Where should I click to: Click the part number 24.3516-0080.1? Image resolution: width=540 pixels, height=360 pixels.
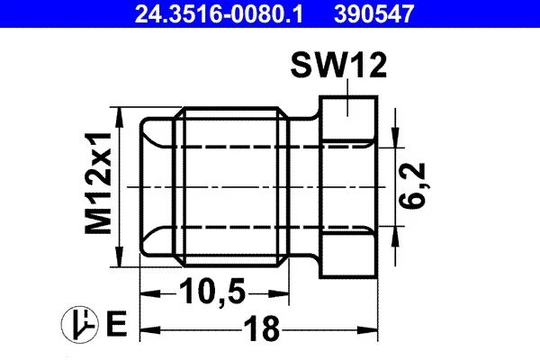pyautogui.click(x=219, y=14)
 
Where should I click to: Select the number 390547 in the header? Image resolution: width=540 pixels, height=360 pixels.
pyautogui.click(x=373, y=14)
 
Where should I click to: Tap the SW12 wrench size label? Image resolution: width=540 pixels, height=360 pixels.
pyautogui.click(x=338, y=66)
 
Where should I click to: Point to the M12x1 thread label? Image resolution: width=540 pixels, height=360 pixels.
pyautogui.click(x=99, y=183)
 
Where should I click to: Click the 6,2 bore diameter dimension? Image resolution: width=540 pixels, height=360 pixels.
pyautogui.click(x=412, y=186)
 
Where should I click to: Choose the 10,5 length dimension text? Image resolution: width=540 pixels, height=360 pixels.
pyautogui.click(x=212, y=292)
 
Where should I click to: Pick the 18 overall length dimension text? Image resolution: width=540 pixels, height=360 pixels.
pyautogui.click(x=262, y=328)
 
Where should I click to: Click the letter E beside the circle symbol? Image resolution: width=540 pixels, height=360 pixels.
pyautogui.click(x=116, y=323)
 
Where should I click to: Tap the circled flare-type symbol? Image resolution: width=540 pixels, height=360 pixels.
pyautogui.click(x=80, y=324)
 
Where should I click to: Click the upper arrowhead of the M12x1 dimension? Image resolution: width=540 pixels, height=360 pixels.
pyautogui.click(x=120, y=118)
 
